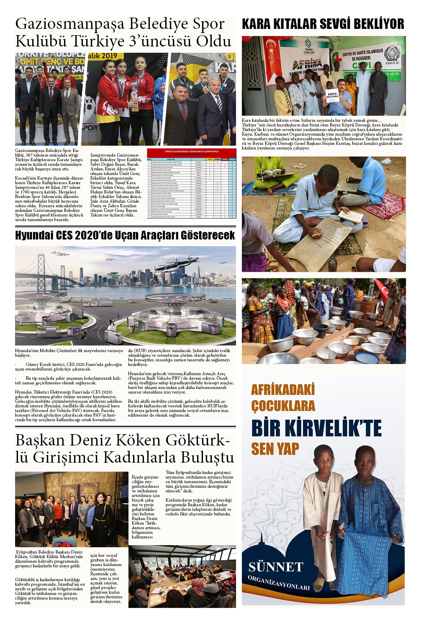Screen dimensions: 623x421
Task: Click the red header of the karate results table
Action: point(191,152)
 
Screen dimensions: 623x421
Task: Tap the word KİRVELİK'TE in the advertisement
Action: point(316,428)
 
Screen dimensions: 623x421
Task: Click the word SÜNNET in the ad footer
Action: point(275,567)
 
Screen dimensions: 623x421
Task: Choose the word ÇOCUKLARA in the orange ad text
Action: point(283,406)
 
